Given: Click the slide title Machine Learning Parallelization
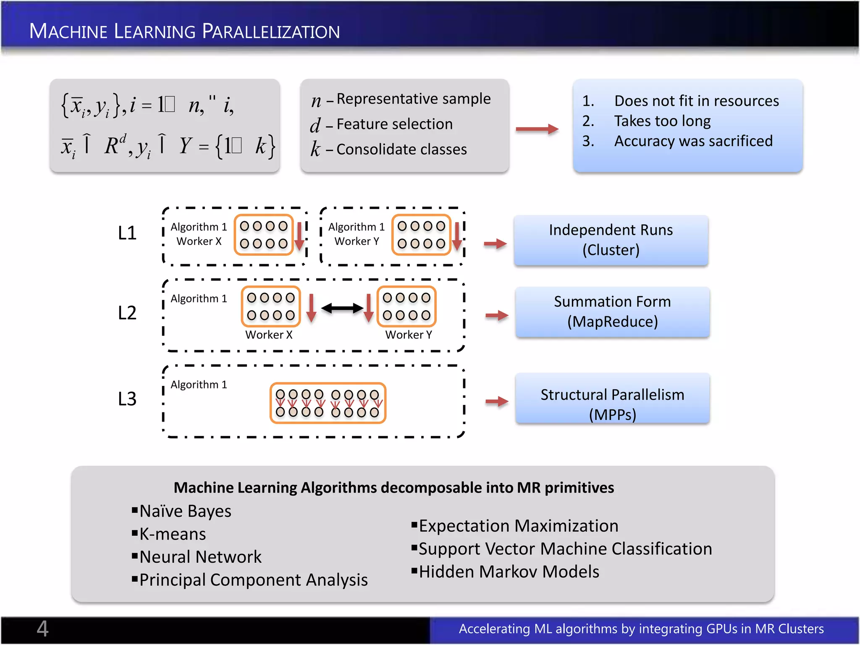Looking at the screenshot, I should click(x=184, y=31).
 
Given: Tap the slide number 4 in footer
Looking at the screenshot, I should click(x=42, y=629).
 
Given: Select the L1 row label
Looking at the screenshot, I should click(x=127, y=233).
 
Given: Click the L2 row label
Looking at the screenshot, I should click(x=127, y=313).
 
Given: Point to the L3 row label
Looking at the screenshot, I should click(x=127, y=399).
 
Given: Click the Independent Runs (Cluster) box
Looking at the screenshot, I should click(x=611, y=240).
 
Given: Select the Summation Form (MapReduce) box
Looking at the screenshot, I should click(x=612, y=312).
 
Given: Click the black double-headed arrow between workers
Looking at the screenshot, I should click(x=342, y=309).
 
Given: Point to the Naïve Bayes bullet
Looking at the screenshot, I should click(x=185, y=511).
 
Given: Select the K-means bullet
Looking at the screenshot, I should click(x=173, y=534).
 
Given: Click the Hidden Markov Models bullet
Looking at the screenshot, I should click(x=509, y=572).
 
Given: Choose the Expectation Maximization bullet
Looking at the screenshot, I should click(x=518, y=526).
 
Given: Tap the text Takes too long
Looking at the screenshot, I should click(x=662, y=121).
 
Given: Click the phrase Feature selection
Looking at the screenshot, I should click(x=394, y=124).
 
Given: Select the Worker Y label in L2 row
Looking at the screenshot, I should click(x=408, y=335).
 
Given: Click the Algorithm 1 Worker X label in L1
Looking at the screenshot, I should click(x=199, y=234).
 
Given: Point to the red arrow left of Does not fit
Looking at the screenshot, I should click(x=537, y=129).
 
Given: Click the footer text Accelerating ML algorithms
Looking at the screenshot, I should click(x=641, y=629).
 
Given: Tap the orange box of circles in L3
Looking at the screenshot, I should click(x=328, y=403).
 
